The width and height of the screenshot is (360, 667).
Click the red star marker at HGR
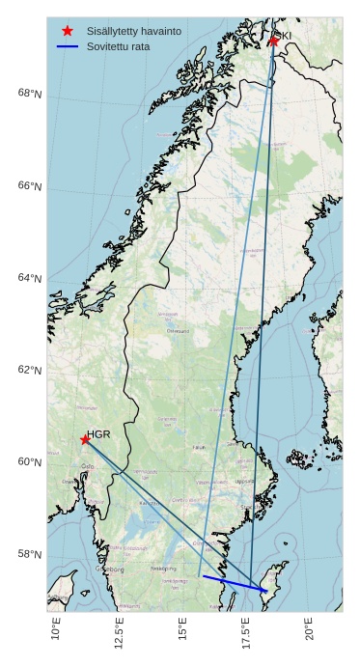[x=85, y=439]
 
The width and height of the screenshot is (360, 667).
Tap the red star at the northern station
[x=273, y=41]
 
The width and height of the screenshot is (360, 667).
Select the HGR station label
[x=98, y=434]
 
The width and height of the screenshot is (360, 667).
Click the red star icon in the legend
[x=68, y=31]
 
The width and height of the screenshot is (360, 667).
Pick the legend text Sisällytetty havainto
[x=133, y=32]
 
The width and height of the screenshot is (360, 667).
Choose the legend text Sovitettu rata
[x=118, y=46]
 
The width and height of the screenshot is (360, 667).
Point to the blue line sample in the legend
[x=68, y=46]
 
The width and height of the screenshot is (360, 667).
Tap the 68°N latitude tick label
[x=30, y=94]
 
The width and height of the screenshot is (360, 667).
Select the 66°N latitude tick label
[x=30, y=186]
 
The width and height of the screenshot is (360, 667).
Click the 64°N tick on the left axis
[x=30, y=278]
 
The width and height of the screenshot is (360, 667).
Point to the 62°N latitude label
[x=30, y=371]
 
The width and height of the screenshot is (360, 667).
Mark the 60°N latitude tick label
[x=30, y=462]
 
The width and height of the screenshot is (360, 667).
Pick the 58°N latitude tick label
[x=30, y=554]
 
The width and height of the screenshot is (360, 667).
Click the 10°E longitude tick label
[x=56, y=630]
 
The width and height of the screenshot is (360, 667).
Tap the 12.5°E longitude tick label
[x=119, y=634]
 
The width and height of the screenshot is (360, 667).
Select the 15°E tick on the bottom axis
[x=182, y=630]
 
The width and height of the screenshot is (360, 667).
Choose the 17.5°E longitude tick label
[x=246, y=634]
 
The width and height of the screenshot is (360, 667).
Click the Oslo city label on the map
[x=88, y=466]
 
